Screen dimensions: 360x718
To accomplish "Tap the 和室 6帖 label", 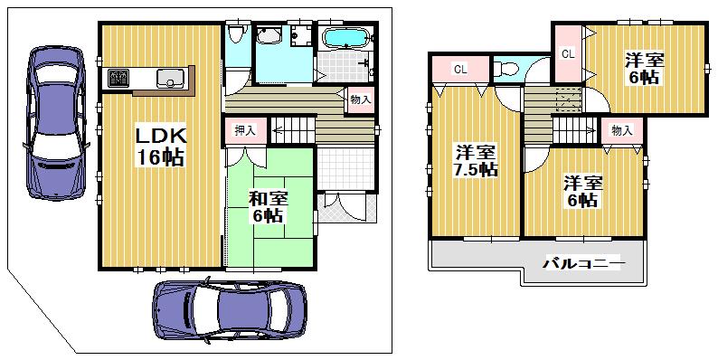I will pos(268,205).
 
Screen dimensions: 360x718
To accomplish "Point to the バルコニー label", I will pos(583,264).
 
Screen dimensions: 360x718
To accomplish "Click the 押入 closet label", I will pos(244,130).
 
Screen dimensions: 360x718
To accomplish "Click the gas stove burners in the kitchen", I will pos(118,78).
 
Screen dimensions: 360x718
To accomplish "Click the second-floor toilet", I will pos(508,68).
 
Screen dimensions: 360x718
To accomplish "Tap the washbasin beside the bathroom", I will pos(268,36).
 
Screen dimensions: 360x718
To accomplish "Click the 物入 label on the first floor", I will pos(359,99).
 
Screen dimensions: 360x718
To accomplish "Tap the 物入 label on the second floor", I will pos(621,130).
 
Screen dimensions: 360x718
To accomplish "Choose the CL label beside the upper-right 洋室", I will pos(568,54).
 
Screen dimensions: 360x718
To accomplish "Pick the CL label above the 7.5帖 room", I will pos(459,69).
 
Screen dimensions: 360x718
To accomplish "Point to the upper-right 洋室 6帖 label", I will pos(645,69).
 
